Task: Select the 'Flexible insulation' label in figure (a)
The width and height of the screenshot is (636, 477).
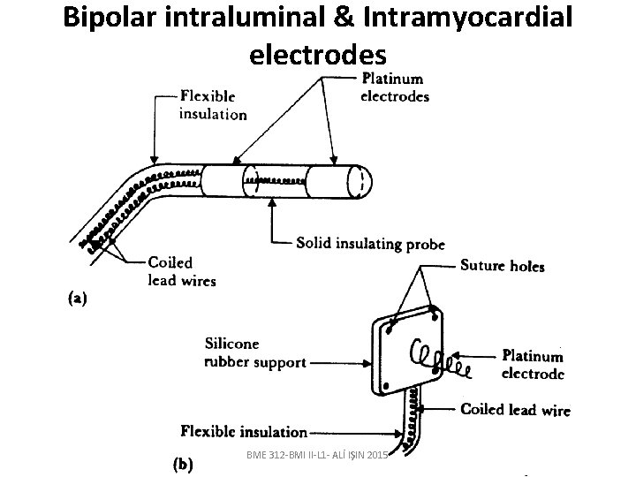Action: (x=212, y=104)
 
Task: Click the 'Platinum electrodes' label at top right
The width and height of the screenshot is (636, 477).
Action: (x=395, y=87)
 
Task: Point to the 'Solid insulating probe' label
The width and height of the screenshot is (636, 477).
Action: (x=370, y=243)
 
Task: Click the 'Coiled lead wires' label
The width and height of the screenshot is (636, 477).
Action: (x=181, y=270)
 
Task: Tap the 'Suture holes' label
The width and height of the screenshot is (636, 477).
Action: (x=503, y=266)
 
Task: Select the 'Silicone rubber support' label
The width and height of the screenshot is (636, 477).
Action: (x=255, y=352)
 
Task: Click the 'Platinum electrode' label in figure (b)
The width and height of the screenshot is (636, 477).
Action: (x=533, y=364)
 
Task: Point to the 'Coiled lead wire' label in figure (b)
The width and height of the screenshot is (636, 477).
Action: (x=516, y=409)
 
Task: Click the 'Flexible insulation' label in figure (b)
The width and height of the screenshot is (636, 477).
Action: (x=244, y=432)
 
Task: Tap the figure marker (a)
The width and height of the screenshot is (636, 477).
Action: (x=78, y=299)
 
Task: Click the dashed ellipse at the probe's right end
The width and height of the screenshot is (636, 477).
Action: (x=360, y=180)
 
